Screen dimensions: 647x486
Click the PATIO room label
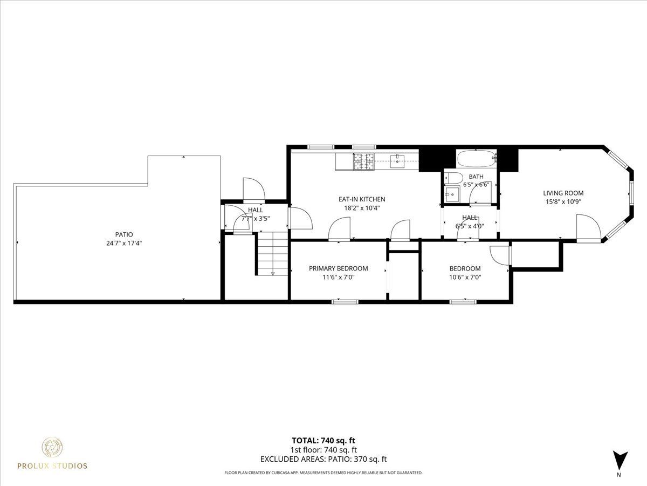(x=124, y=234)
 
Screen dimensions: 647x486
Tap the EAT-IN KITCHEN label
(x=362, y=199)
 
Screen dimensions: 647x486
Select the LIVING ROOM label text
(x=563, y=193)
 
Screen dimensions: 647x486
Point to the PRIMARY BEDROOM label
(x=339, y=268)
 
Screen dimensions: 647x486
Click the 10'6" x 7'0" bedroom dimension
(x=465, y=278)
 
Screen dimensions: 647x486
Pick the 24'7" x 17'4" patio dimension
(x=124, y=244)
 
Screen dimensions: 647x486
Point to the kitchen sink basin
(x=397, y=161)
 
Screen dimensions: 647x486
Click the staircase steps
(x=273, y=253)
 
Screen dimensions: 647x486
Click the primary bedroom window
(x=345, y=301)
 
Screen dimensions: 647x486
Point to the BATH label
(x=476, y=177)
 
